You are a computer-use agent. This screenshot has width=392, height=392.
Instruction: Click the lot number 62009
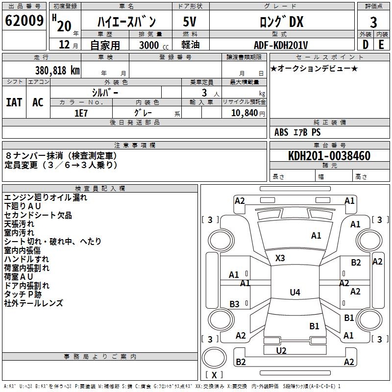tap(24, 22)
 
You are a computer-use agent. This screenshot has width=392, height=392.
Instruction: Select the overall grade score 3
tap(373, 22)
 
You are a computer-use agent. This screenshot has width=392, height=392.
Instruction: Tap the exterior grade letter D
tap(365, 44)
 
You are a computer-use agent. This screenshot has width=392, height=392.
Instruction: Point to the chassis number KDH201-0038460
tap(329, 156)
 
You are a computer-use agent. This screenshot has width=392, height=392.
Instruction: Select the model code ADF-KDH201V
tap(281, 45)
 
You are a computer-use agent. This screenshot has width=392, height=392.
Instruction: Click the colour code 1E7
tap(81, 113)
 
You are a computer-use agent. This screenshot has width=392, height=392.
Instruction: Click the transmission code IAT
tap(14, 102)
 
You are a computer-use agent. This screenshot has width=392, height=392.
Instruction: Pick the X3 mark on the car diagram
tap(280, 258)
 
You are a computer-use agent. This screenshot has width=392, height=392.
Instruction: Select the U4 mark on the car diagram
tap(294, 293)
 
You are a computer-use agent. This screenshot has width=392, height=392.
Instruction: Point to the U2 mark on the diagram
tap(281, 350)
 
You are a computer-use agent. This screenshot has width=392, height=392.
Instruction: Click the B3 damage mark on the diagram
tap(234, 304)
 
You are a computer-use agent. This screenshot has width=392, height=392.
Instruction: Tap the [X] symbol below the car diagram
tap(214, 375)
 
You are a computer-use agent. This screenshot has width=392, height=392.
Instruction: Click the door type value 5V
tap(190, 22)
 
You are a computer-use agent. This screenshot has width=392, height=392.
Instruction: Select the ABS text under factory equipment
tap(282, 132)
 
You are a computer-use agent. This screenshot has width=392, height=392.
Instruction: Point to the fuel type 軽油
tap(190, 45)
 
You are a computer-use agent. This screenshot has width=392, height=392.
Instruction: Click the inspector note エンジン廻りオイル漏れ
tap(46, 197)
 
